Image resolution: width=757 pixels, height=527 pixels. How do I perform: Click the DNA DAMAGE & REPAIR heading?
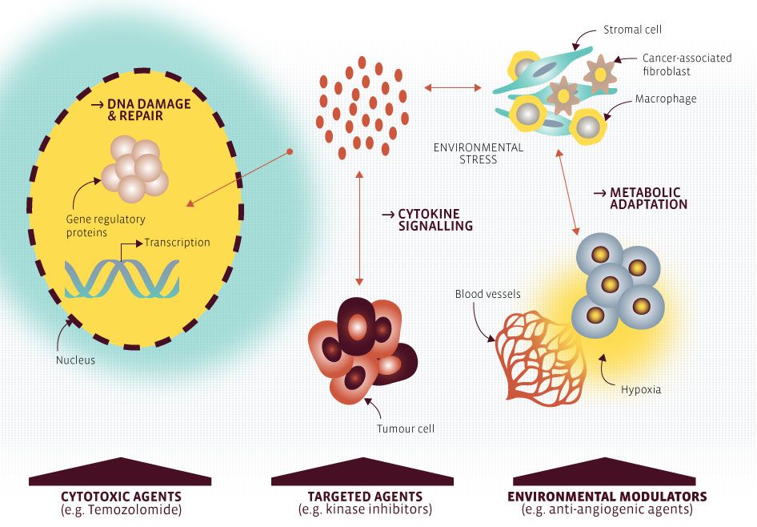tap(142, 110)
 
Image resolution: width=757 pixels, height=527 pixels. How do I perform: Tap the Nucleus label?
tap(75, 360)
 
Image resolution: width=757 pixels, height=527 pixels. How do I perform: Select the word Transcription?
tap(177, 242)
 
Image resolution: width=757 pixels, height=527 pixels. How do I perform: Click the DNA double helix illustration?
tap(122, 279)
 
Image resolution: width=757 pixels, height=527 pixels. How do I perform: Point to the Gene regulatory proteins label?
tap(106, 226)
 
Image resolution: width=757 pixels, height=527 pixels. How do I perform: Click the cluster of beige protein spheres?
tap(134, 168)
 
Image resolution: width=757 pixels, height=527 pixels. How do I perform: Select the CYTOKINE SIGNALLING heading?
tap(428, 219)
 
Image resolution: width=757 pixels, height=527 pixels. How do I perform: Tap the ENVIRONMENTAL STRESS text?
tap(478, 154)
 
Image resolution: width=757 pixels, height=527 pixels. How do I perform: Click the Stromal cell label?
tap(632, 30)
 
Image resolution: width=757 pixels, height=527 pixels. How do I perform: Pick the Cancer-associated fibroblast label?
tap(687, 64)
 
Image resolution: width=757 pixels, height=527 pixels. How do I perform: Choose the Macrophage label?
tap(666, 99)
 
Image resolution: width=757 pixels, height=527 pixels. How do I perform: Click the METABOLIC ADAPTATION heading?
tap(641, 198)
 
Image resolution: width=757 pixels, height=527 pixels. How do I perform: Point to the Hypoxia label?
tap(641, 389)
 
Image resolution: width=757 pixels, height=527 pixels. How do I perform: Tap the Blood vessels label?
tap(487, 294)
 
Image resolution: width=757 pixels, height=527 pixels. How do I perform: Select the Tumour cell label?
tap(406, 428)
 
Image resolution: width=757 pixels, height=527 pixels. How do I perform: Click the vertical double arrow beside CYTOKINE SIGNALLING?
tap(358, 227)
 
